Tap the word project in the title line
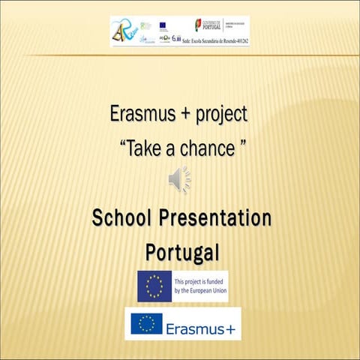tap(220, 117)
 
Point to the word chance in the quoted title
tap(204, 148)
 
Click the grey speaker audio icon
tap(179, 180)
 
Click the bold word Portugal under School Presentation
tap(181, 251)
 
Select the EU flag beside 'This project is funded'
tap(154, 286)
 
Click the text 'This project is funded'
tap(199, 281)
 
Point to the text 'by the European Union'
tap(199, 291)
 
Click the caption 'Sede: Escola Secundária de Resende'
tap(216, 40)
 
